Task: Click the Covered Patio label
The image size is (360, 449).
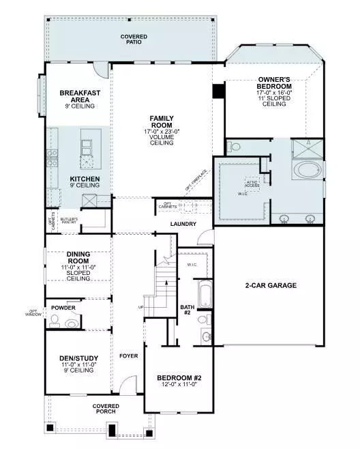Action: pos(134,39)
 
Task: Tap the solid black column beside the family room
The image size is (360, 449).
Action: pos(218,91)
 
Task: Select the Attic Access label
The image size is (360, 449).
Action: pos(253,183)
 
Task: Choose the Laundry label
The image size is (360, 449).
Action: pos(183,224)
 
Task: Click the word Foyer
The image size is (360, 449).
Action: pos(128,356)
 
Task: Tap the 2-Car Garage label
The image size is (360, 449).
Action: pos(270,285)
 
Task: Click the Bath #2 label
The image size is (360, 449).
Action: pos(187,310)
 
